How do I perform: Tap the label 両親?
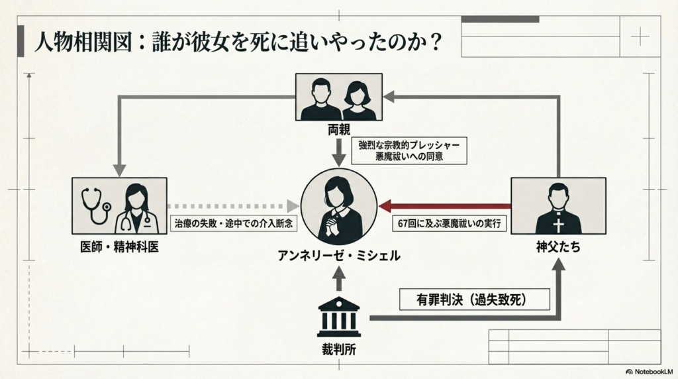click(338, 129)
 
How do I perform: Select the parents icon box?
click(338, 97)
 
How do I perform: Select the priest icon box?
click(558, 205)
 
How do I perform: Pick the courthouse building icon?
click(339, 316)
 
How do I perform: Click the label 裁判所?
click(339, 351)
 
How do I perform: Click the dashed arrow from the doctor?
click(232, 206)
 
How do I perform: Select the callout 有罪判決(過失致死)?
click(475, 299)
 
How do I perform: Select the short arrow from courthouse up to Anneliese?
click(339, 279)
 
